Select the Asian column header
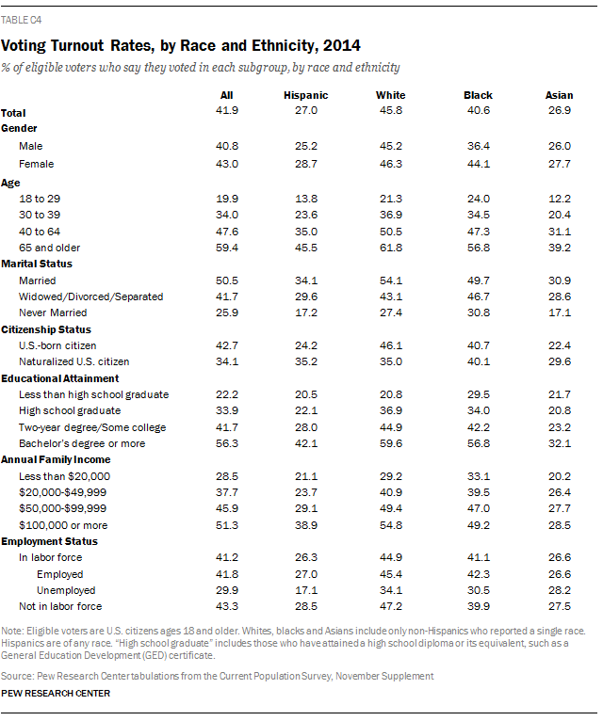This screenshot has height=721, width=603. pos(559,95)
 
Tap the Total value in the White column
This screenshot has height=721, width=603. pos(390,111)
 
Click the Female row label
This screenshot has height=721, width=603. pos(36,164)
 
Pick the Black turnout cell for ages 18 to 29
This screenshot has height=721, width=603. pos(478,199)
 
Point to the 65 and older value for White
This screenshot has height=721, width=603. pos(390,248)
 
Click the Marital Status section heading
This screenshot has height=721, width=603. pos(37,264)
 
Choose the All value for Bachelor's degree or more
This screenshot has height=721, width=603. pos(226,443)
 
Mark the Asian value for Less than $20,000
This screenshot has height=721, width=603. pos(559,475)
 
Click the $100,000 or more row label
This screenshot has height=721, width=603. pos(63,524)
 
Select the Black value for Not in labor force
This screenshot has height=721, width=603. pos(478,606)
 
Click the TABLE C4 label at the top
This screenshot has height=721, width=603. pos(22,19)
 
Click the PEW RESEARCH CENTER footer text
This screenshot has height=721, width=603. pos(56,694)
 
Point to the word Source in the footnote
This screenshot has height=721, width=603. pos(16,675)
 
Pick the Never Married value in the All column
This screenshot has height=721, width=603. pos(226,312)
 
